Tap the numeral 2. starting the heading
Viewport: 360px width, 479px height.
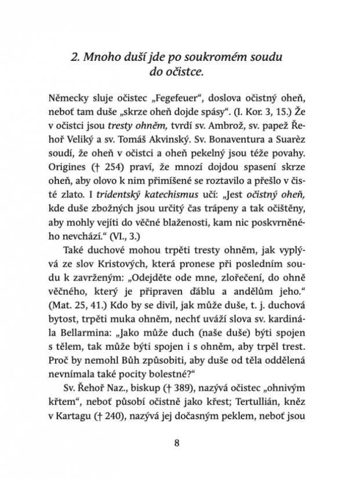click(x=73, y=58)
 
